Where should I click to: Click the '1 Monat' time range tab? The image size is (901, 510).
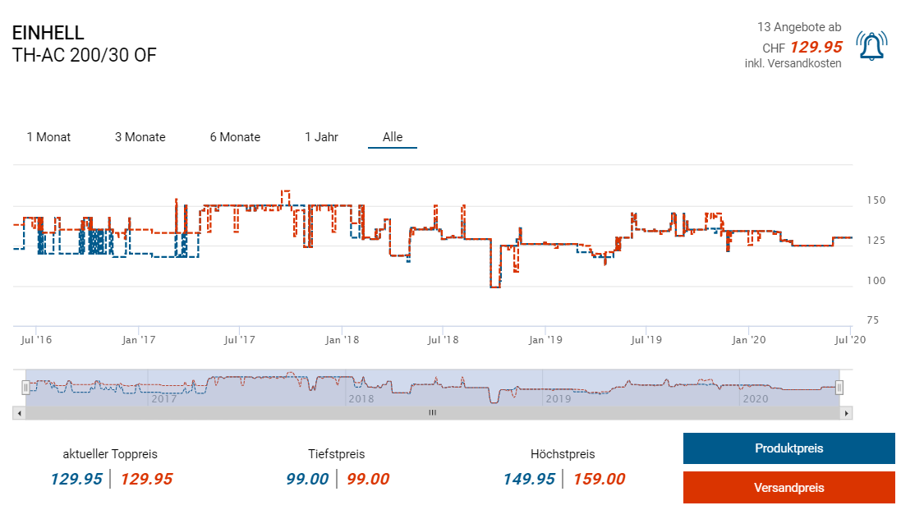48,137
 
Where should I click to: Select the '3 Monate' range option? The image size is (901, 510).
140,137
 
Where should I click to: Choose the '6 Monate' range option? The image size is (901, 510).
235,137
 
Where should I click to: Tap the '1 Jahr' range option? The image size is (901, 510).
321,137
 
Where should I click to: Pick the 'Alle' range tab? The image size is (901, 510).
393,137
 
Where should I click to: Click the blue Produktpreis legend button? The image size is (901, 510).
788,448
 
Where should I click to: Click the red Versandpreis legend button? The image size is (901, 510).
788,488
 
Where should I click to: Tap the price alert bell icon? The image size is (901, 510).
871,47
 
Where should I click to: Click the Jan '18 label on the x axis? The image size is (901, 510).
342,339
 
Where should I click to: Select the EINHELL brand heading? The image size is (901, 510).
48,33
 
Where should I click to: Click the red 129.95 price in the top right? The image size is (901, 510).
816,47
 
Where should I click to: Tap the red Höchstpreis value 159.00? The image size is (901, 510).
599,480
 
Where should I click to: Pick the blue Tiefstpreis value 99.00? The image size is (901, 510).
307,480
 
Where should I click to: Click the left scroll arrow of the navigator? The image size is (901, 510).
19,413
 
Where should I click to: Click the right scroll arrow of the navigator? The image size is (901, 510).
847,413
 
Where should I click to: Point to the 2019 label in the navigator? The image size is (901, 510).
558,399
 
